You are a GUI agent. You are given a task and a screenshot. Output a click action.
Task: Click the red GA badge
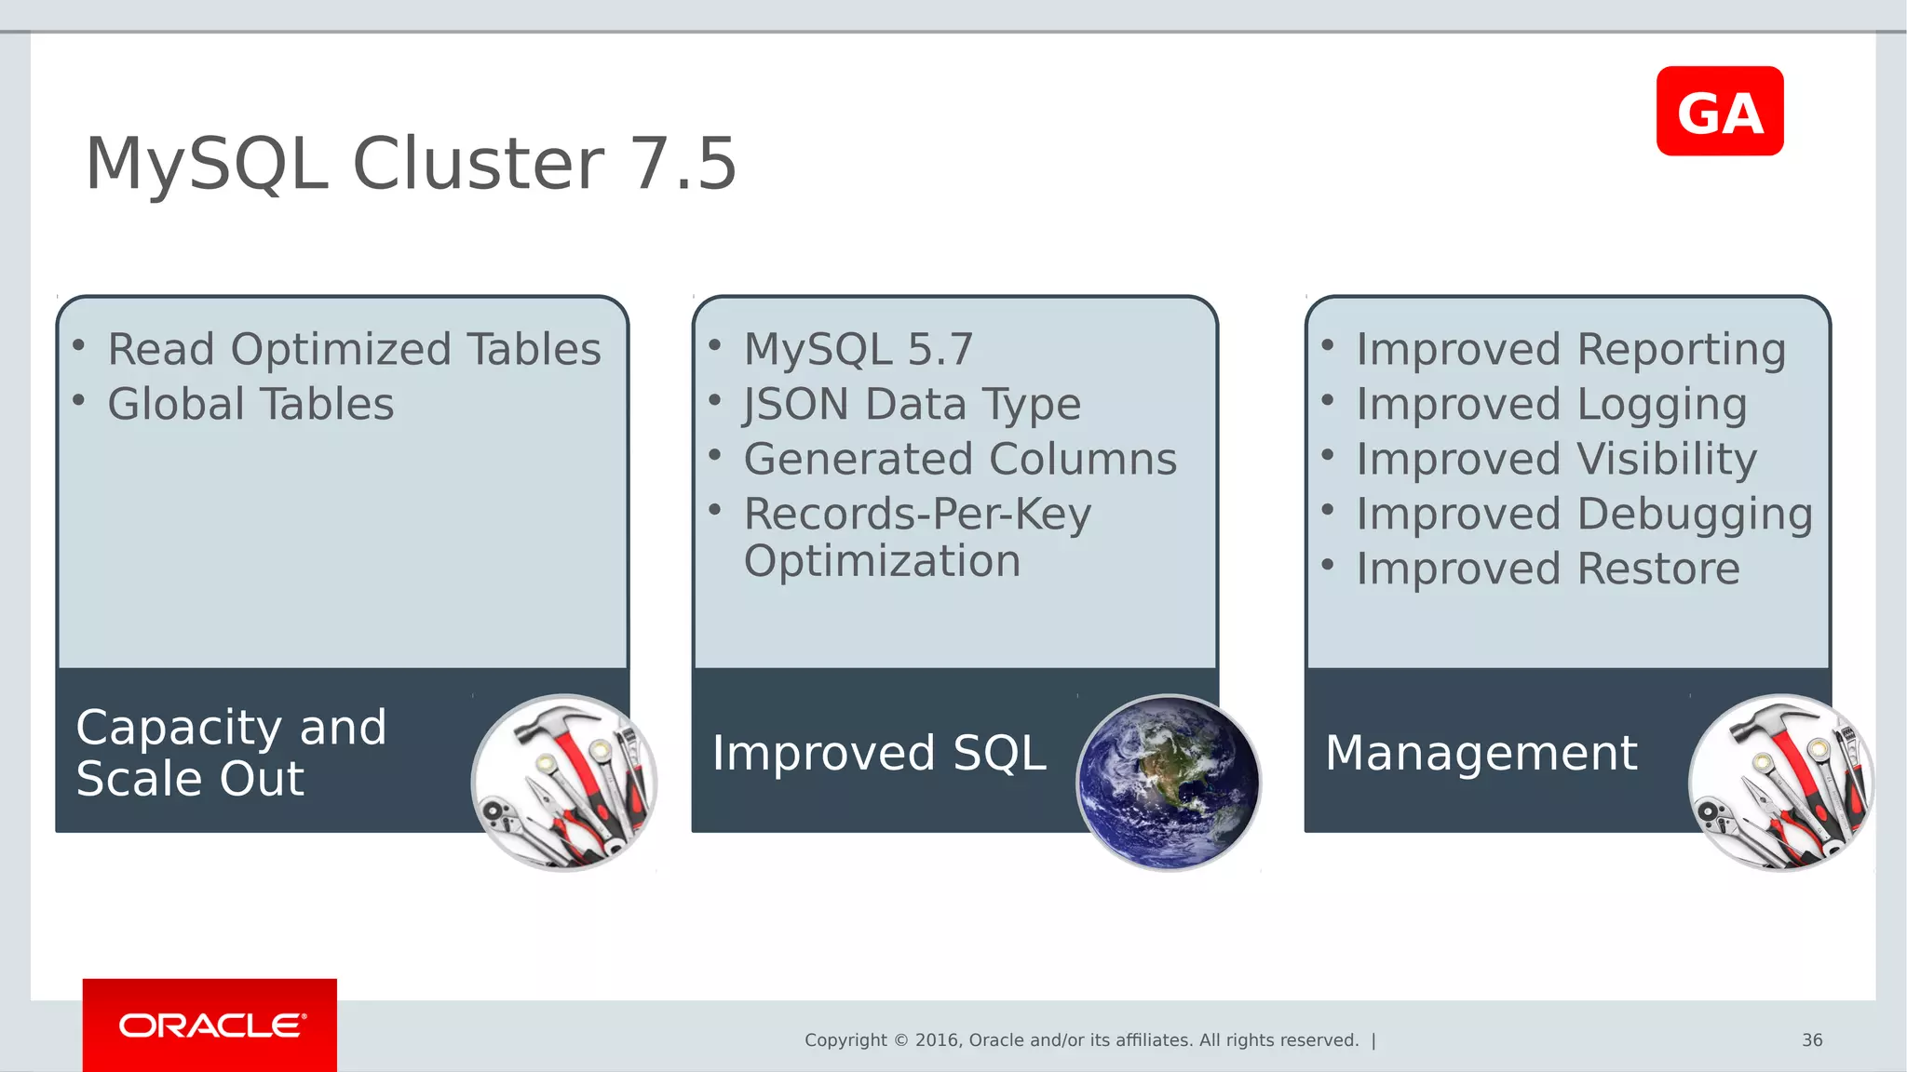pyautogui.click(x=1719, y=112)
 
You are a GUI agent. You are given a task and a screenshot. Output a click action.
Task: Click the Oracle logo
pyautogui.click(x=210, y=1025)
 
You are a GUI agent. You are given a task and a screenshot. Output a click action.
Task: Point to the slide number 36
pyautogui.click(x=1811, y=1039)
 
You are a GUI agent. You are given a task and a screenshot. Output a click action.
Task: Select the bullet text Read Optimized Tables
pyautogui.click(x=354, y=350)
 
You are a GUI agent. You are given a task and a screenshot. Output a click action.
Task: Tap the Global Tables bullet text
pyautogui.click(x=250, y=405)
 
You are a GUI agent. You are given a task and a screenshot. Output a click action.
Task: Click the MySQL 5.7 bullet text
pyautogui.click(x=858, y=350)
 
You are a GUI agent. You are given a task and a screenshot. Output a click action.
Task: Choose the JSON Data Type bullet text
pyautogui.click(x=912, y=405)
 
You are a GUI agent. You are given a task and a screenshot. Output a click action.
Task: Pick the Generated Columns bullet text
pyautogui.click(x=960, y=459)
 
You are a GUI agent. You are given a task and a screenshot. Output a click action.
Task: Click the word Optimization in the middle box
pyautogui.click(x=882, y=561)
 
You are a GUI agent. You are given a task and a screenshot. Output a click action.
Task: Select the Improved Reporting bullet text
pyautogui.click(x=1570, y=350)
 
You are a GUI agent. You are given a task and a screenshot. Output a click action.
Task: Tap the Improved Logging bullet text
pyautogui.click(x=1551, y=405)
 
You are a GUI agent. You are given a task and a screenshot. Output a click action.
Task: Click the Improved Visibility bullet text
pyautogui.click(x=1556, y=459)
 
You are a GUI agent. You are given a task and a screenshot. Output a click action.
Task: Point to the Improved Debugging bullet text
pyautogui.click(x=1584, y=514)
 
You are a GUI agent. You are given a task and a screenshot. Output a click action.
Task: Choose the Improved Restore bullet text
pyautogui.click(x=1548, y=569)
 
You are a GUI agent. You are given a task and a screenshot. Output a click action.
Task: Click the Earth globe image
pyautogui.click(x=1168, y=783)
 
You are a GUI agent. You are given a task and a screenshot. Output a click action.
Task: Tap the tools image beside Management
pyautogui.click(x=1780, y=783)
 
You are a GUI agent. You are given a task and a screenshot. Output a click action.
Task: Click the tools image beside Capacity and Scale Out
pyautogui.click(x=564, y=783)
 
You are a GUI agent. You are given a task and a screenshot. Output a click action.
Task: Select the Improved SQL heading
pyautogui.click(x=878, y=753)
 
